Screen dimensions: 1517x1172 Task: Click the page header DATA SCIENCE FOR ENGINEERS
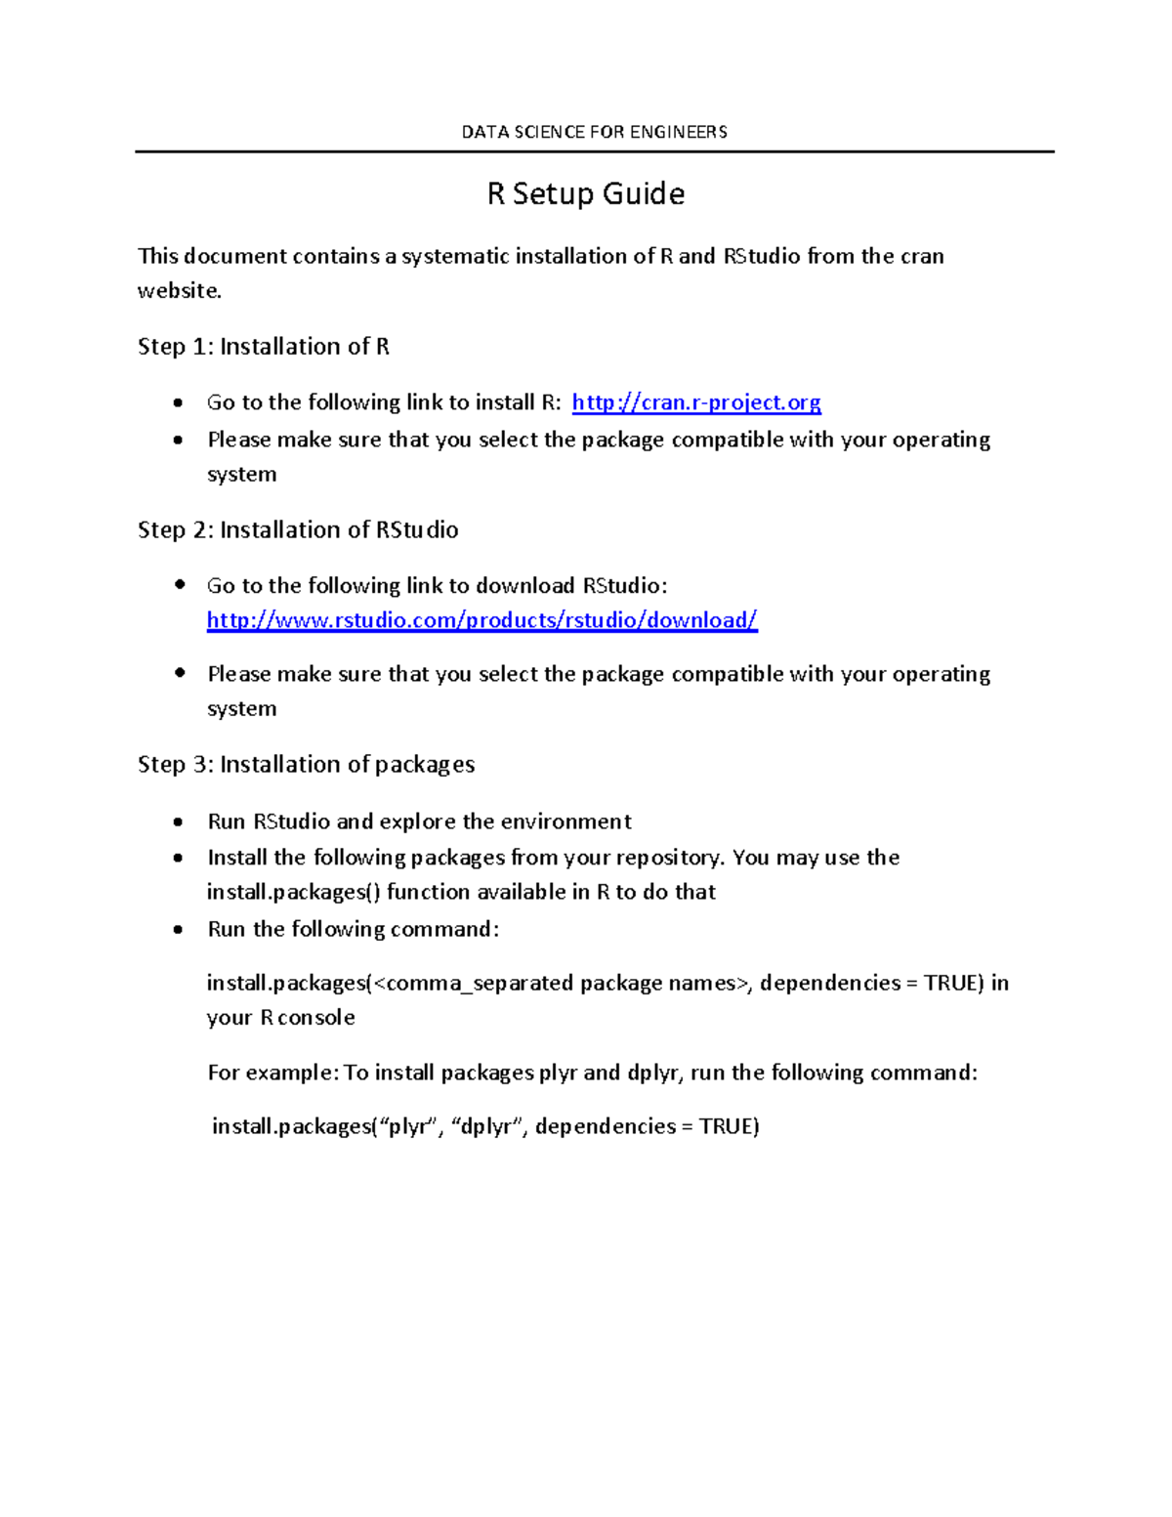click(x=594, y=132)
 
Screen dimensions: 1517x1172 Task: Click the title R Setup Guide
click(x=585, y=193)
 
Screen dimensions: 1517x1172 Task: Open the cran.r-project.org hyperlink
click(x=695, y=402)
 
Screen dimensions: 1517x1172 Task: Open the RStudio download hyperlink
click(x=481, y=620)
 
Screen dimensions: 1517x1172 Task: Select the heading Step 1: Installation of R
click(x=263, y=347)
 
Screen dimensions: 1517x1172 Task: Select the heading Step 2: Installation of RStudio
click(x=298, y=529)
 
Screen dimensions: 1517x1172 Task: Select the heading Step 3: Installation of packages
click(x=306, y=764)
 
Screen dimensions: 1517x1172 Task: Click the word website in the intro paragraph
click(x=179, y=291)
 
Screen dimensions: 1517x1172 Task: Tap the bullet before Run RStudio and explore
click(x=178, y=822)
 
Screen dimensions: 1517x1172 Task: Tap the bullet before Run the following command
click(x=178, y=930)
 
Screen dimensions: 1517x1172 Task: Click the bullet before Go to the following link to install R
click(x=178, y=403)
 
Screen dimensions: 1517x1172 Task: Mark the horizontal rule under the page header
click(x=594, y=151)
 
